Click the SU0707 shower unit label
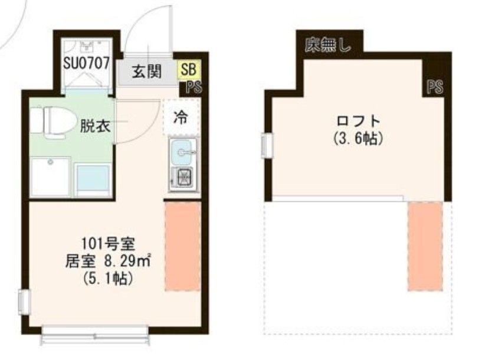pyautogui.click(x=86, y=64)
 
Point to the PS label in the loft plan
pyautogui.click(x=435, y=88)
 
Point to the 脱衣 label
pyautogui.click(x=96, y=125)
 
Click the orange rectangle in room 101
pyautogui.click(x=182, y=245)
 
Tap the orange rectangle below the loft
pyautogui.click(x=425, y=246)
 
